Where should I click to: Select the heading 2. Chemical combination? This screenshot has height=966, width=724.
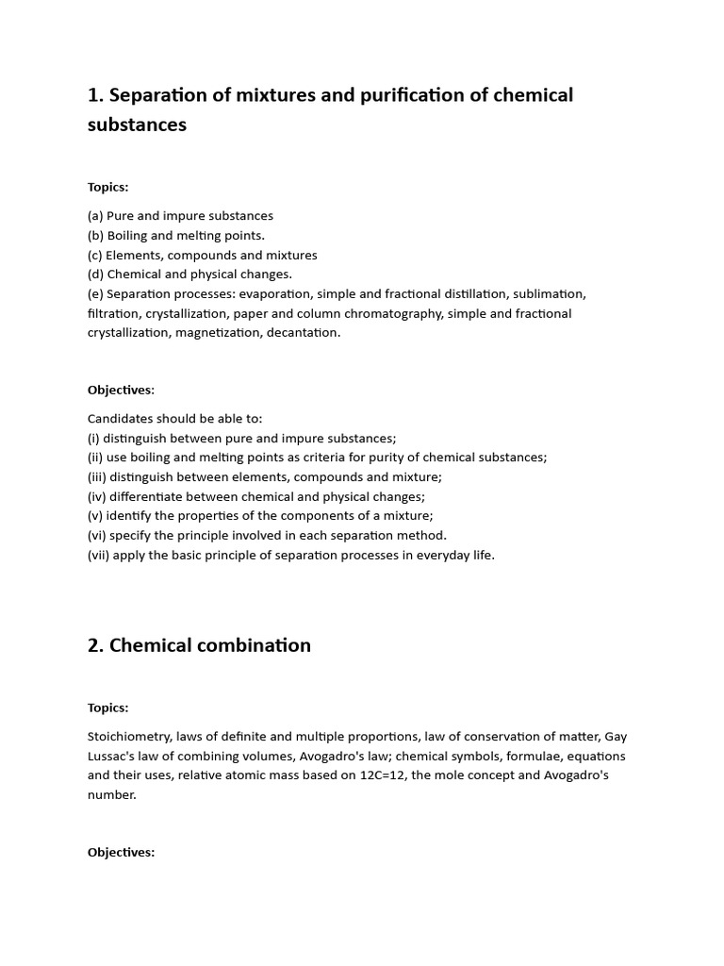[199, 645]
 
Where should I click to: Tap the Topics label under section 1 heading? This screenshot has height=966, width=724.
[107, 187]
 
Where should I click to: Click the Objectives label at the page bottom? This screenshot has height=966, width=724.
[121, 852]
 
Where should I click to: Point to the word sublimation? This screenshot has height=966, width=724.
[546, 293]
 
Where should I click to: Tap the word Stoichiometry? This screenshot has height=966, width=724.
[129, 736]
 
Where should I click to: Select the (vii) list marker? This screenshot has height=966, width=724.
[98, 555]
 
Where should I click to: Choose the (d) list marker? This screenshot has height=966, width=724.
[95, 274]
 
